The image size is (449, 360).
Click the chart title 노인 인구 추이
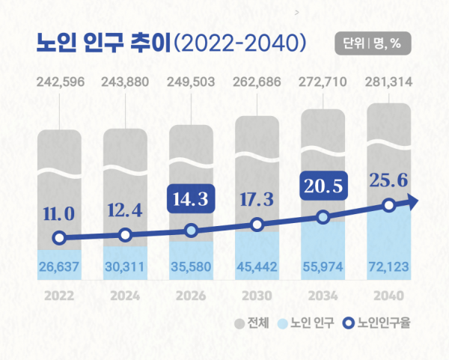click(102, 41)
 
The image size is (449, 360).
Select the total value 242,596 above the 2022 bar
click(59, 82)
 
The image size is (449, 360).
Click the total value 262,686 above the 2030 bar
click(257, 82)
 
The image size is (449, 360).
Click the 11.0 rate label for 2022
click(59, 215)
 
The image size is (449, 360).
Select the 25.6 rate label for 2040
click(388, 179)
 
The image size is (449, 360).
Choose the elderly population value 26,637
click(59, 266)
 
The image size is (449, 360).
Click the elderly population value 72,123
click(388, 266)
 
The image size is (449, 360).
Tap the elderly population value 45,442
click(257, 266)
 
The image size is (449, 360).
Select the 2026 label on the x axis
click(191, 294)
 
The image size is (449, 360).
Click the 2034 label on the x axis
click(323, 294)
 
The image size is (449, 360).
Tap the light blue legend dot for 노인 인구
click(282, 324)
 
